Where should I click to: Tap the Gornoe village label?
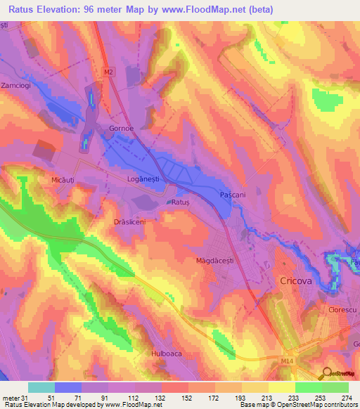(x=121, y=129)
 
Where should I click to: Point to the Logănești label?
(x=143, y=180)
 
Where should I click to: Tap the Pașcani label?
(x=232, y=194)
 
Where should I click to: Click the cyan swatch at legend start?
(x=41, y=387)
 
